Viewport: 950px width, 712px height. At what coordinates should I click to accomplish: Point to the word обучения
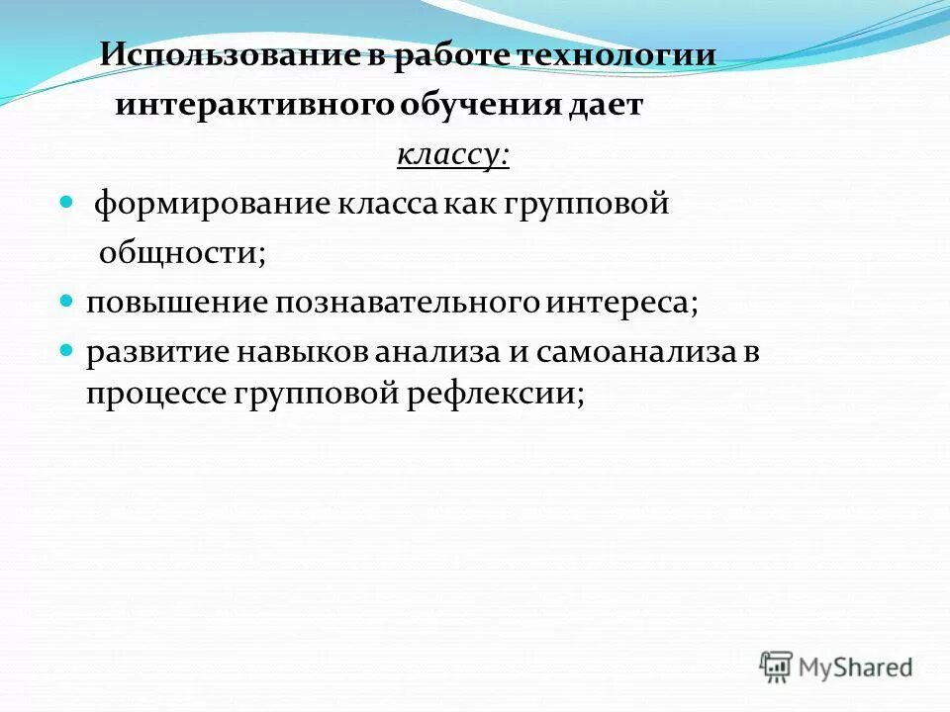pyautogui.click(x=480, y=105)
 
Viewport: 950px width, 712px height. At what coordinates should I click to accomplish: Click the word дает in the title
pyautogui.click(x=606, y=105)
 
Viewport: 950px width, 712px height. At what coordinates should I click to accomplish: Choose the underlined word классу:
pyautogui.click(x=453, y=155)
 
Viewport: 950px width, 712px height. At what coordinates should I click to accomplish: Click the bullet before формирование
pyautogui.click(x=67, y=202)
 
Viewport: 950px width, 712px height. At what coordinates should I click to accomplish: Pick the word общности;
pyautogui.click(x=182, y=254)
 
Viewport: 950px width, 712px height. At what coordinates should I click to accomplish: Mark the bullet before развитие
pyautogui.click(x=67, y=349)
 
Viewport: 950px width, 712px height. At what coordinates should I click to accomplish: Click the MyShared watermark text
pyautogui.click(x=856, y=667)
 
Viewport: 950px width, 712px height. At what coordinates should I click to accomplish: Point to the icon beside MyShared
pyautogui.click(x=777, y=667)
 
